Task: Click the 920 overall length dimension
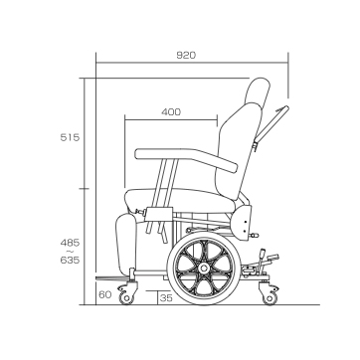186,56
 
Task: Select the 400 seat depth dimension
171,112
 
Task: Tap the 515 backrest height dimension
70,137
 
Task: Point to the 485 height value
70,243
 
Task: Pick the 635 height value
70,261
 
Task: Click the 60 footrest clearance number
105,294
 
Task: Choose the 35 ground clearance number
166,298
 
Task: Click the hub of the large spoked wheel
204,268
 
